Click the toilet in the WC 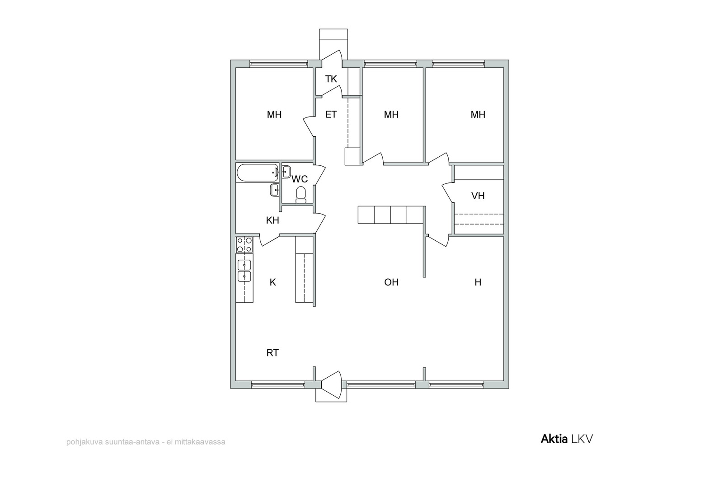pyautogui.click(x=301, y=195)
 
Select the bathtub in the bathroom pyautogui.click(x=258, y=173)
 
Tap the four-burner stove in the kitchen pyautogui.click(x=244, y=245)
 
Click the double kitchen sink pyautogui.click(x=244, y=271)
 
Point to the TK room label pyautogui.click(x=331, y=79)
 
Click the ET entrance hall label pyautogui.click(x=331, y=115)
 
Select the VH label pyautogui.click(x=478, y=196)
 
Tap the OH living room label pyautogui.click(x=391, y=282)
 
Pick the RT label pyautogui.click(x=272, y=353)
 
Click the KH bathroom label pyautogui.click(x=272, y=220)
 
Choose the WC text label pyautogui.click(x=300, y=179)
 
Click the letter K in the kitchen pyautogui.click(x=273, y=282)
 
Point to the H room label pyautogui.click(x=478, y=282)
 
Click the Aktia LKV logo pyautogui.click(x=567, y=439)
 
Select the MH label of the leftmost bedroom pyautogui.click(x=274, y=115)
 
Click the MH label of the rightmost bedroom pyautogui.click(x=478, y=115)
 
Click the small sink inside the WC pyautogui.click(x=286, y=171)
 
